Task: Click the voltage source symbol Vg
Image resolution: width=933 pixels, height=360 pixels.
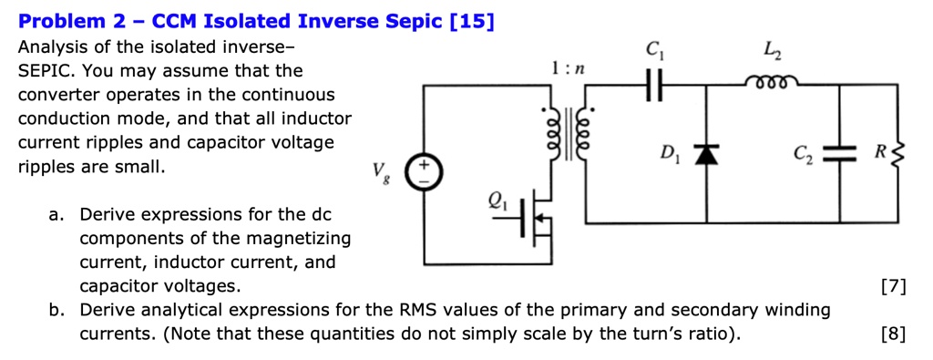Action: tap(424, 171)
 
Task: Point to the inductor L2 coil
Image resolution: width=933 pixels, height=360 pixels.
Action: tap(772, 85)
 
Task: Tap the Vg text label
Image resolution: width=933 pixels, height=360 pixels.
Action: tap(378, 171)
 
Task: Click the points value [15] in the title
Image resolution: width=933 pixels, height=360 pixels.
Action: tap(472, 20)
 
